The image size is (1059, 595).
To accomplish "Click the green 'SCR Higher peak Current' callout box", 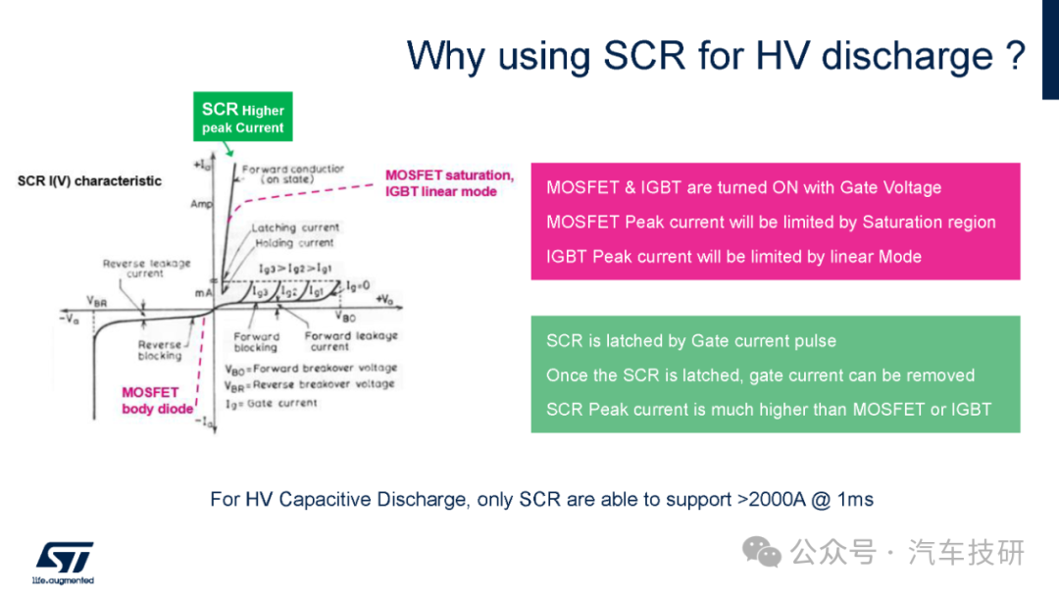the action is click(x=242, y=117).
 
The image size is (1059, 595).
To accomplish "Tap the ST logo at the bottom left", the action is click(x=64, y=563).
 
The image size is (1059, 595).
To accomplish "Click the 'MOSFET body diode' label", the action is click(x=157, y=401).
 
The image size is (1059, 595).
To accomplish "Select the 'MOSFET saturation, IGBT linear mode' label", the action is click(x=449, y=183).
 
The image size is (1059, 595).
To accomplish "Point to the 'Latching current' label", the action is click(x=295, y=227).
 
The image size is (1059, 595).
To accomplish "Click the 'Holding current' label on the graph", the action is click(x=294, y=242).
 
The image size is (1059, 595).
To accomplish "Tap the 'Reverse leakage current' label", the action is click(x=146, y=269).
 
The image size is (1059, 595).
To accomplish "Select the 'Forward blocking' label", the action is click(x=256, y=342).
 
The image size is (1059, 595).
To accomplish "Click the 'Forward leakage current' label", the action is click(x=350, y=341).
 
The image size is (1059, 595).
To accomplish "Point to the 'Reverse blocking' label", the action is click(x=160, y=350).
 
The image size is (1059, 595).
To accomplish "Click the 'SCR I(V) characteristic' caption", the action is click(x=89, y=181).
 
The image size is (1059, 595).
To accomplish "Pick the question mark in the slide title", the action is click(x=1015, y=55).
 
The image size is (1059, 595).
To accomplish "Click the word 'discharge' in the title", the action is click(x=906, y=56).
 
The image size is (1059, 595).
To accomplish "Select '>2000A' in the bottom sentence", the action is click(x=772, y=500).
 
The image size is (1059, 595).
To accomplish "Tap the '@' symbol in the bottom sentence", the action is click(x=821, y=501).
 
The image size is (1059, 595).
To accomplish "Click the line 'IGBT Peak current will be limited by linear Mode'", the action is click(x=733, y=257).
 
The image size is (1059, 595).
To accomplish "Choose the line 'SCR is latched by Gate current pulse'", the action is click(x=691, y=341).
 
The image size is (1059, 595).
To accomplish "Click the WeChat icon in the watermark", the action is click(x=762, y=553).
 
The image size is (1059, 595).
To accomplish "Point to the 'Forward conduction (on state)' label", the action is click(x=292, y=174).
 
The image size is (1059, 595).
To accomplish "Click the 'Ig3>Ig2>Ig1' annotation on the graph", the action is click(x=295, y=269).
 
